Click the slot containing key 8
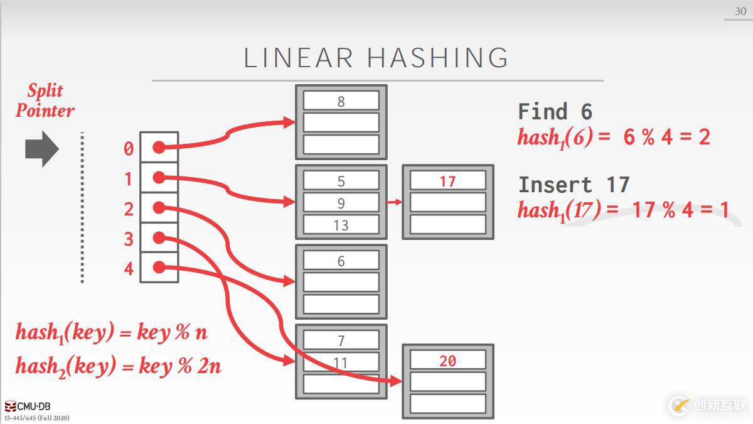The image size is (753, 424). (x=341, y=101)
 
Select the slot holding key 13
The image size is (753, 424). (x=341, y=225)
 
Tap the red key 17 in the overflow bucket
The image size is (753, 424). (x=447, y=181)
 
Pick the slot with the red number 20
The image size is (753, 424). (x=447, y=361)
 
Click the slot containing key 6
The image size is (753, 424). (x=341, y=261)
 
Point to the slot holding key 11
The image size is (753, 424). (x=341, y=362)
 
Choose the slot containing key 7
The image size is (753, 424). (x=341, y=340)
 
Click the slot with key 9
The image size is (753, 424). (x=341, y=203)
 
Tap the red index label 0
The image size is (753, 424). (x=129, y=149)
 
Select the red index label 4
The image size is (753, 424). (x=129, y=269)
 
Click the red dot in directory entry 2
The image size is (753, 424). (x=159, y=207)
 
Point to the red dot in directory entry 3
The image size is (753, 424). (x=159, y=237)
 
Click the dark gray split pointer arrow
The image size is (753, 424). (x=41, y=149)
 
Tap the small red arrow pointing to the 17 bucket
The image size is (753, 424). (x=394, y=202)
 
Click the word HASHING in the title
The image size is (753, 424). (x=438, y=58)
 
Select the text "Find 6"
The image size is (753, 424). (x=555, y=112)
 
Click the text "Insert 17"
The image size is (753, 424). (x=574, y=185)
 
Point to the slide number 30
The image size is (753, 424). (x=740, y=11)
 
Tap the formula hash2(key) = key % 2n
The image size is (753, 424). (x=119, y=365)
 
